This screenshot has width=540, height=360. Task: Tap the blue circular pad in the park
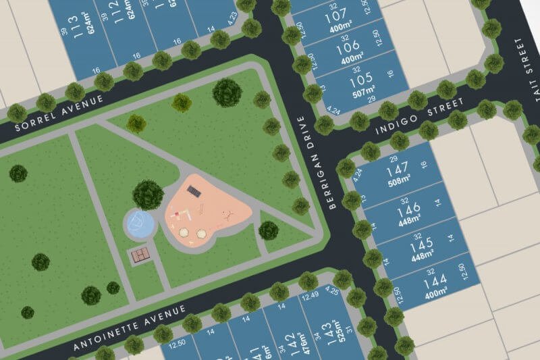[x=140, y=224]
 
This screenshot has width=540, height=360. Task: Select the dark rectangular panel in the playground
[x=194, y=190]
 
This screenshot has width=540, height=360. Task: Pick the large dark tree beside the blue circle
[x=148, y=195]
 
